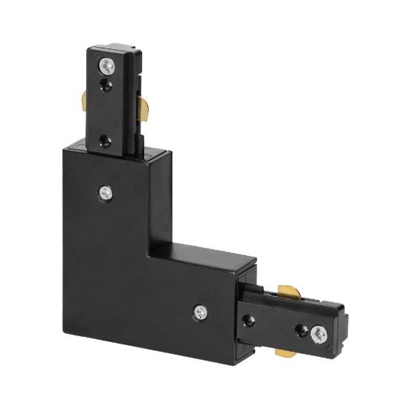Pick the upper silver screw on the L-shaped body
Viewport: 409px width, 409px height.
click(x=105, y=193)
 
